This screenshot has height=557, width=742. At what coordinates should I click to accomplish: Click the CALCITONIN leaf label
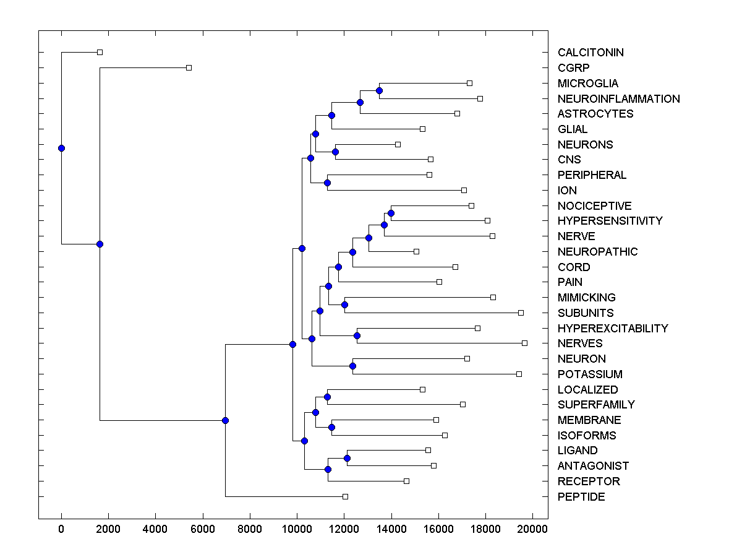(591, 53)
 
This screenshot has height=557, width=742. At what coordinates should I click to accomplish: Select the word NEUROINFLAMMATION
(618, 99)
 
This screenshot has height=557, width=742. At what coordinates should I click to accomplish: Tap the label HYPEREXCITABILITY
(613, 329)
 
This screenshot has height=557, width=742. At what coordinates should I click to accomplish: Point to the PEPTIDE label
(581, 497)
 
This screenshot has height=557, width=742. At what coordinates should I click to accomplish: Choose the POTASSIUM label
(590, 374)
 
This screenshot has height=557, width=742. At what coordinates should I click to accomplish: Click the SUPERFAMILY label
(596, 405)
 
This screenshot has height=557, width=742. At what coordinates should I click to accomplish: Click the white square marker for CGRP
(189, 67)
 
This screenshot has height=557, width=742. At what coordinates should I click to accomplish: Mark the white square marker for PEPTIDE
(346, 496)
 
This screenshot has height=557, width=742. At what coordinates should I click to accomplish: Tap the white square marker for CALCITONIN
(100, 52)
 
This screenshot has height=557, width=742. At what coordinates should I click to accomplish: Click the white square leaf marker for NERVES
(524, 343)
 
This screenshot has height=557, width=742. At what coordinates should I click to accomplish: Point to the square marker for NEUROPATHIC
(416, 251)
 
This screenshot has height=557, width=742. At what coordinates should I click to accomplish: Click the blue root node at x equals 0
(61, 148)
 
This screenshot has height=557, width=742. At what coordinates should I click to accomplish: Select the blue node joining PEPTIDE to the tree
(225, 420)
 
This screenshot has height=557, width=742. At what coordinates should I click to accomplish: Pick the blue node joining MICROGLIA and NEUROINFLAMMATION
(379, 91)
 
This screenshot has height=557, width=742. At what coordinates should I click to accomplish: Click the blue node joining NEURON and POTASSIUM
(352, 366)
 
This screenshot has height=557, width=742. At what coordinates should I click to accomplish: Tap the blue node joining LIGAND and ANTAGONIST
(347, 458)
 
